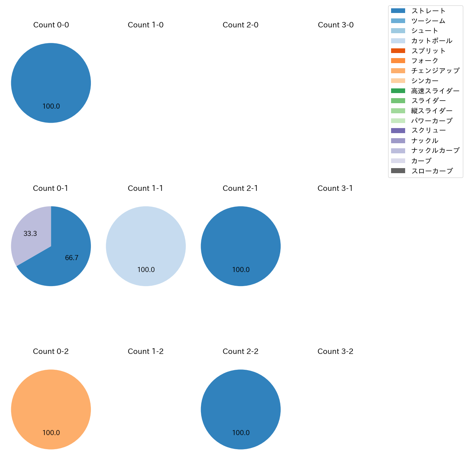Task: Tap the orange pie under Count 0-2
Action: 51,409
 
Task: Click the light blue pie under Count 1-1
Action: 146,246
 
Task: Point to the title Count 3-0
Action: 336,25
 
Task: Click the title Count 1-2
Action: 146,351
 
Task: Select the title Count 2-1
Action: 240,188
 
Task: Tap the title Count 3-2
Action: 335,351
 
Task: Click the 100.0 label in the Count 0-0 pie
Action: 51,106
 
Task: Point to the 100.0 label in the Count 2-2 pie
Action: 241,433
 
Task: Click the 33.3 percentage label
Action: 30,234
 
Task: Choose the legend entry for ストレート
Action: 428,11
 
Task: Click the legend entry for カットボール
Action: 431,41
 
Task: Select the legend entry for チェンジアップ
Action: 435,71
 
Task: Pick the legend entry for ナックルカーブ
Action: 435,150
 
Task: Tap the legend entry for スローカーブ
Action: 431,171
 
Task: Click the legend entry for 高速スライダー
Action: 435,91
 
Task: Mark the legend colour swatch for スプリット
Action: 398,51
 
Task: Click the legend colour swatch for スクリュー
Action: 398,131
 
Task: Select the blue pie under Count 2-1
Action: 241,246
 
